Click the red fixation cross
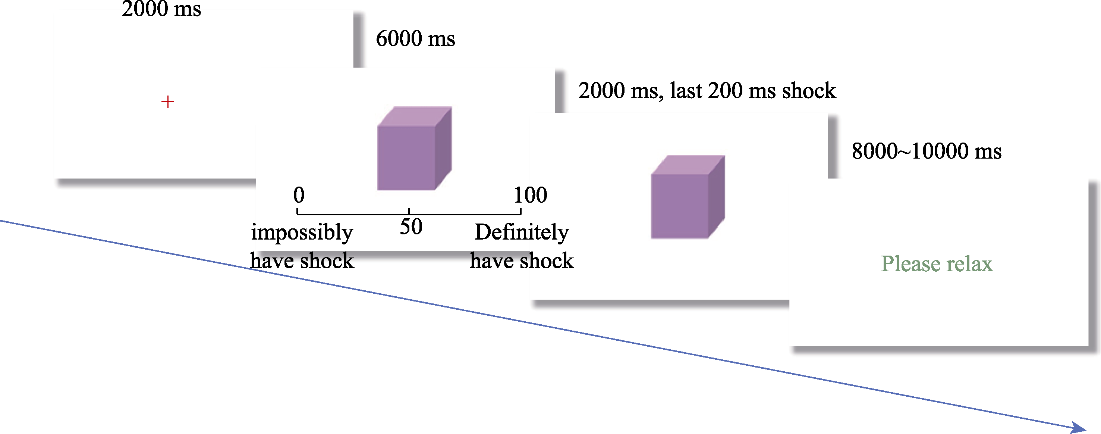167,102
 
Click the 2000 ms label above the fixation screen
161,9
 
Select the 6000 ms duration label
415,38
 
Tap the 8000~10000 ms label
926,151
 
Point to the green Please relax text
937,263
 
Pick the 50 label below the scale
411,227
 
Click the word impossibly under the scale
302,232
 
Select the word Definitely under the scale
522,232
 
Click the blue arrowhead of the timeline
1080,427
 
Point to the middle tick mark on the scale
409,211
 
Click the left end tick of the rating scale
298,211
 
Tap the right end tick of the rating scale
520,211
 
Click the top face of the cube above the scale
415,116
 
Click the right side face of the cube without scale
716,197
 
